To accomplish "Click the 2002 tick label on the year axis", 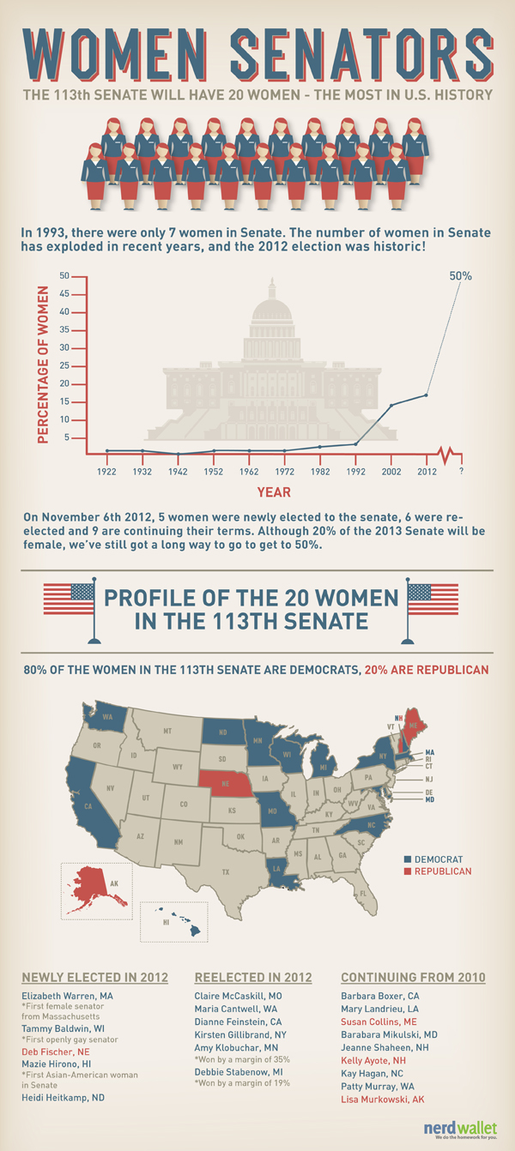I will [x=391, y=470].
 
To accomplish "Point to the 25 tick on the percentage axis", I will [x=64, y=366].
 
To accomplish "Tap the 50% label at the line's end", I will [x=460, y=276].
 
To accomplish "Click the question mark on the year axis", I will [x=462, y=470].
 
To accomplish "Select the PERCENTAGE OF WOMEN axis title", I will [x=41, y=359].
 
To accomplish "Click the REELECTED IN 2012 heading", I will [x=253, y=977].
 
